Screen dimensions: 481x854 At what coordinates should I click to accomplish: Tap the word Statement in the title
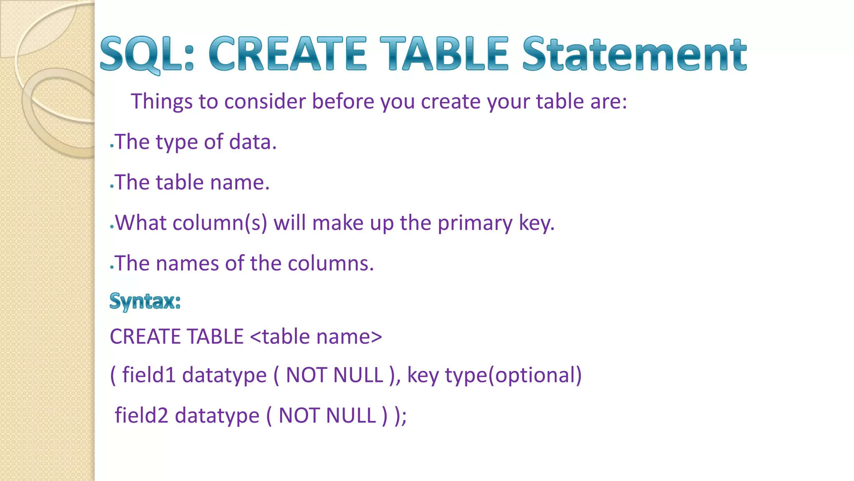[x=634, y=54]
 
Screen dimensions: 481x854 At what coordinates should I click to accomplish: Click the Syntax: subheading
[x=145, y=301]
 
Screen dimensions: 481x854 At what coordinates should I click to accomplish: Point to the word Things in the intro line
[x=162, y=101]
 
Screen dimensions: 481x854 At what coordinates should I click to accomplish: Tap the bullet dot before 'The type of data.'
[x=112, y=146]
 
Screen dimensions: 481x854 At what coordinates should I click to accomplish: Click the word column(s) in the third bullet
[x=220, y=223]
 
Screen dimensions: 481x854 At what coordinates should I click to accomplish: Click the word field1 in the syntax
[x=148, y=375]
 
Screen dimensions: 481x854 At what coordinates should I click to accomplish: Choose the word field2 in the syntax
[x=141, y=415]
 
